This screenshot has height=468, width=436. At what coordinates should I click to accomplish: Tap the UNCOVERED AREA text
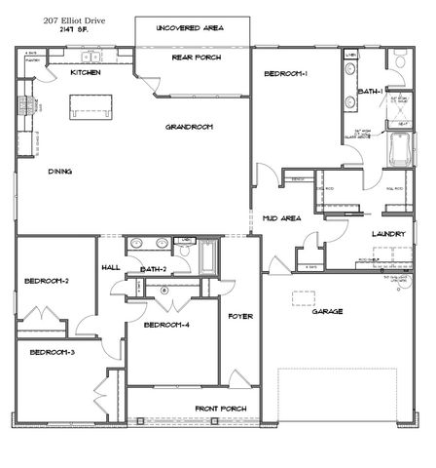[x=191, y=28]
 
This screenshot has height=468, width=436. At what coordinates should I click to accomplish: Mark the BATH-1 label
[x=372, y=91]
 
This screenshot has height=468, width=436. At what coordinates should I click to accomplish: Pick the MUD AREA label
[x=281, y=219]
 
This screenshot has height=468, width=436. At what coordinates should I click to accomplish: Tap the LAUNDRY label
[x=388, y=235]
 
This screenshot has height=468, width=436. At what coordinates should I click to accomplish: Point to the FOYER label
[x=240, y=317]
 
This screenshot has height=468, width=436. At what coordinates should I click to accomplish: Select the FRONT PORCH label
[x=220, y=408]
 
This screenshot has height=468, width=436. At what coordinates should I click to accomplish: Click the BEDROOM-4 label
[x=166, y=325]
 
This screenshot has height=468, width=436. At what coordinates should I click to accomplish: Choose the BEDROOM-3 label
[x=51, y=351]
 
